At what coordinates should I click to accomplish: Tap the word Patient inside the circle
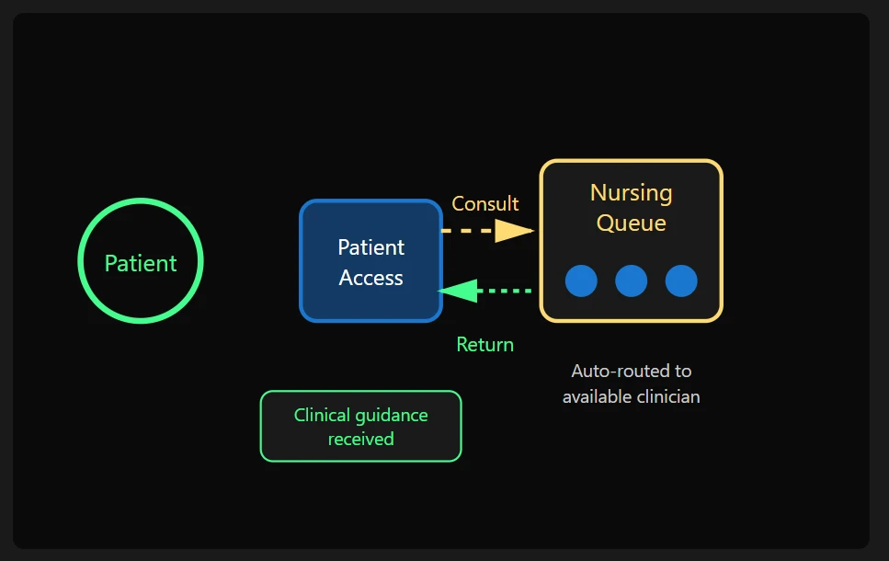[x=141, y=263]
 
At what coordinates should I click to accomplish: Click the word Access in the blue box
[x=370, y=278]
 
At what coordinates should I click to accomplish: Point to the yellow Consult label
[x=485, y=203]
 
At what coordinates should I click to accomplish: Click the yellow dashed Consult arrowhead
[x=514, y=230]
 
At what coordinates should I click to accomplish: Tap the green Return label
[x=484, y=345]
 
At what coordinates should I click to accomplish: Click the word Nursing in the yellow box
[x=631, y=193]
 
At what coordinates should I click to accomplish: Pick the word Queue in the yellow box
[x=631, y=223]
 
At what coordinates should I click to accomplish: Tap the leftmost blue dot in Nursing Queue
[x=581, y=280]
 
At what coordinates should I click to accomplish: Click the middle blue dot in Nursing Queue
[x=631, y=280]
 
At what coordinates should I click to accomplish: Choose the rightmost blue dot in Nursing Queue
[x=681, y=280]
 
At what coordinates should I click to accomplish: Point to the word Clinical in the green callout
[x=322, y=415]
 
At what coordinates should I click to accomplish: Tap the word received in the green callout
[x=360, y=439]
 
